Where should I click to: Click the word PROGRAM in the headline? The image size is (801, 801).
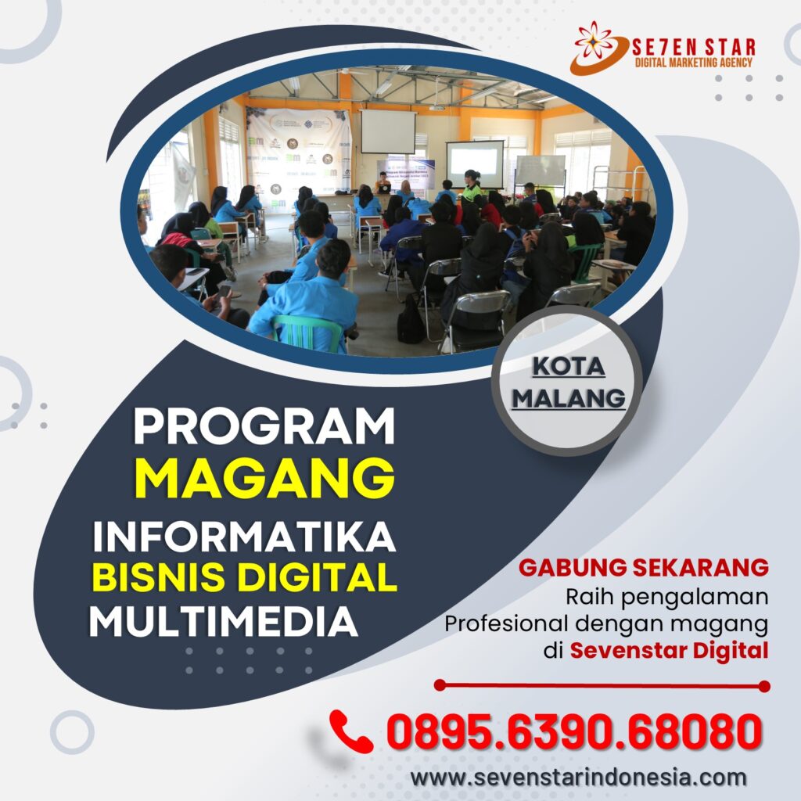pos(264,426)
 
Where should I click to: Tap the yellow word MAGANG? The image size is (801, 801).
pos(264,478)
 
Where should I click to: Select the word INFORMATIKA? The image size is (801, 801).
pos(244,537)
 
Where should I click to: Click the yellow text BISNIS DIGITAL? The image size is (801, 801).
pos(244,577)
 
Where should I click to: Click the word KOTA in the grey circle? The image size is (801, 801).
pos(569,367)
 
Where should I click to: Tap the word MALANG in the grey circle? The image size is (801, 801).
pos(569,398)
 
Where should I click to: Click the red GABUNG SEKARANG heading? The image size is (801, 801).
pos(643,568)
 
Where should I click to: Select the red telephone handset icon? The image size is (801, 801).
pos(350,731)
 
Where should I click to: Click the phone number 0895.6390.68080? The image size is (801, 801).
pos(574,731)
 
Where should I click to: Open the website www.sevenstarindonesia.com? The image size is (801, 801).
pos(578,778)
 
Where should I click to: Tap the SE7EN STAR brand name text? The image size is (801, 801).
pos(693,48)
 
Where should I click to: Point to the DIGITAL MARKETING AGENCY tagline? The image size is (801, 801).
pos(693,63)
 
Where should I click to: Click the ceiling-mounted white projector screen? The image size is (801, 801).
pos(388,131)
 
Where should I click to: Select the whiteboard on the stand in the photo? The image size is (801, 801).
pos(541,171)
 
